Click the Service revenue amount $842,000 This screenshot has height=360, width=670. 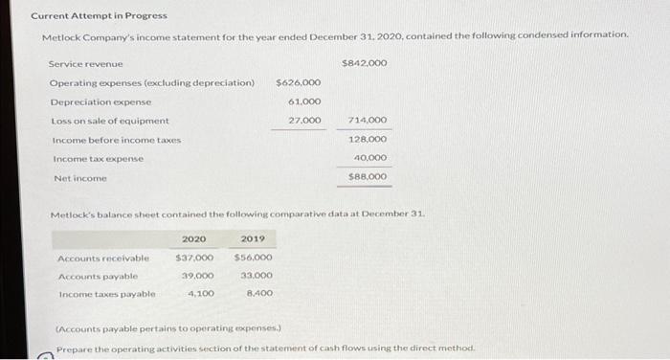point(364,63)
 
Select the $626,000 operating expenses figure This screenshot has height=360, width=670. point(299,82)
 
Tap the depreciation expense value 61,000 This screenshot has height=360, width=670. point(304,101)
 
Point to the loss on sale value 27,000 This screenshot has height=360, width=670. point(304,121)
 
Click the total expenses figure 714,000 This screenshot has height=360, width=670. point(369,121)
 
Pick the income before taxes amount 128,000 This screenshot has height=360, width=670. point(369,140)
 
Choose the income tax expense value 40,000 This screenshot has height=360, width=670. point(369,158)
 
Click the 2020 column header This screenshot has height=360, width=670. point(193,238)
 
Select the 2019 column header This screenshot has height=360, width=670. point(253,238)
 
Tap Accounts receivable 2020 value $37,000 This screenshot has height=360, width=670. point(194,258)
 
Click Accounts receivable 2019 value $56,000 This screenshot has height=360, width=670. point(253,258)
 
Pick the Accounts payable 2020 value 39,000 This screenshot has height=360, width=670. point(197,276)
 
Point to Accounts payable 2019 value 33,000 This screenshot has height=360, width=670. point(256,276)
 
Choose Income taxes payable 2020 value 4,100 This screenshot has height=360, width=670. point(200,294)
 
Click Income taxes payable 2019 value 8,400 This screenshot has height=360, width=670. point(258,294)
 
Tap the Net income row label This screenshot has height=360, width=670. point(80,178)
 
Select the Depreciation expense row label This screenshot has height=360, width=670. point(100,101)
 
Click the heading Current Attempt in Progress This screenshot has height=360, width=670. point(99,15)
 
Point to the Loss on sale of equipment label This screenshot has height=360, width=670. point(110,121)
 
